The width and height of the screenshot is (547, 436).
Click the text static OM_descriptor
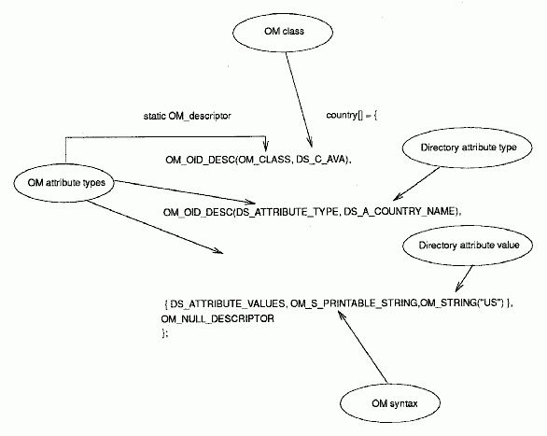coord(188,116)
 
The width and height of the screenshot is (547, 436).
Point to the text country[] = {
coord(352,115)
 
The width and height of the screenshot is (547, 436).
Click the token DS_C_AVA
coord(321,160)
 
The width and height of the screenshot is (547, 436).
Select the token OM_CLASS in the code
coord(264,160)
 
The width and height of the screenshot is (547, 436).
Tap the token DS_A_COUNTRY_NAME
coord(400,212)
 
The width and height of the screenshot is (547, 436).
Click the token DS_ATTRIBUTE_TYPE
coord(287,212)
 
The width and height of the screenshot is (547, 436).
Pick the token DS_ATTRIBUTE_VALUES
coord(228,303)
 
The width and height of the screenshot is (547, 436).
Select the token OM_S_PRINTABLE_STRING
coord(354,303)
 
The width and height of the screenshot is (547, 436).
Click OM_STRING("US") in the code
coord(461,302)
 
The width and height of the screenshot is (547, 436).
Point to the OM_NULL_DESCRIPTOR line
coord(217,318)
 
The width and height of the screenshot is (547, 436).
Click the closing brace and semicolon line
coord(164,333)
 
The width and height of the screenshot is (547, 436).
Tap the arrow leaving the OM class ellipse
coord(299,99)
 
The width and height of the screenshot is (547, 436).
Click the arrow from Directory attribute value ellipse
coord(464,278)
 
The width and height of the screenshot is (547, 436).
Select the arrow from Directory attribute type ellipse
coord(415,184)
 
